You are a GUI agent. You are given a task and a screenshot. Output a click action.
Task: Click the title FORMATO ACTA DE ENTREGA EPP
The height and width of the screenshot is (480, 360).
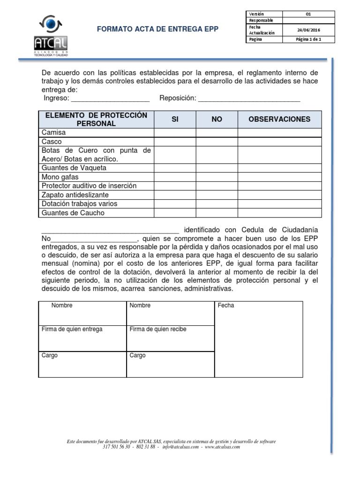[157, 29]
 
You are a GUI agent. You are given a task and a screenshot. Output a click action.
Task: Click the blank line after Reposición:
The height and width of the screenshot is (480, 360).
[249, 99]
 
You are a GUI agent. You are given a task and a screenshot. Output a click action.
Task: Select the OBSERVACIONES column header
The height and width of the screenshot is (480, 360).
[279, 120]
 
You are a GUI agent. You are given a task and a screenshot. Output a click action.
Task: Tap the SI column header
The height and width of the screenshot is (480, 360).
[175, 120]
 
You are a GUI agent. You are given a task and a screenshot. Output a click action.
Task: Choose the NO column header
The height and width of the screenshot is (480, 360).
[217, 120]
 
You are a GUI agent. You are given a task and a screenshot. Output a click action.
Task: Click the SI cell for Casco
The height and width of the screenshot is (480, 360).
[175, 142]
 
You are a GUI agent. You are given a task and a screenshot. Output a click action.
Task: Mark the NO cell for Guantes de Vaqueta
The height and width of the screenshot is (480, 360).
[217, 168]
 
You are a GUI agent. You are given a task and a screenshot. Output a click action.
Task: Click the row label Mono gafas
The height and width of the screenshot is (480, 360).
[60, 177]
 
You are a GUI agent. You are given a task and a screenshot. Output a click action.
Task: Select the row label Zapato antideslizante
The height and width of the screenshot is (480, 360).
[75, 195]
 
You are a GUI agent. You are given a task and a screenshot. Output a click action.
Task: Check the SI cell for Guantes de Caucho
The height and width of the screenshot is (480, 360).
[175, 213]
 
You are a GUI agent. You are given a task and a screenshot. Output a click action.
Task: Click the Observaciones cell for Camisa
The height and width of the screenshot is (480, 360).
[279, 133]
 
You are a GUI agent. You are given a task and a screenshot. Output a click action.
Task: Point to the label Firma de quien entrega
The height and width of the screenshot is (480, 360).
[72, 329]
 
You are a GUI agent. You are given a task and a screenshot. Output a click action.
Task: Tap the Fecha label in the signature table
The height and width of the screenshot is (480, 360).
[226, 306]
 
